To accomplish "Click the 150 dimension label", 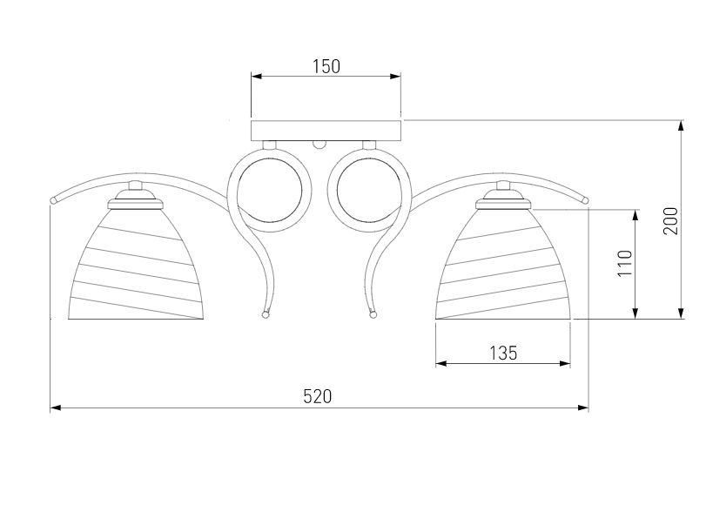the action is tap(326, 67).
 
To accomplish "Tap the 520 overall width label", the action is tap(318, 397).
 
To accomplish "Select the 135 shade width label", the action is tap(503, 353).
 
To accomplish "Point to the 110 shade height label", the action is tap(625, 264).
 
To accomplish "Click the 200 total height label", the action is tap(670, 220).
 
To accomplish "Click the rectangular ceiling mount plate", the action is tap(326, 131).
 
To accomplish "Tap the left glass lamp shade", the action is tap(136, 265).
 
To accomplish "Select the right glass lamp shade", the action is tap(503, 265).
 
